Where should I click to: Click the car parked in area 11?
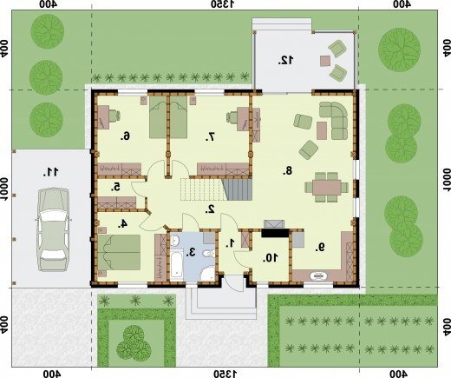click(x=53, y=229)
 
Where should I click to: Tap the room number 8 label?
click(x=287, y=171)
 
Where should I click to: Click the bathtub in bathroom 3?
click(x=176, y=265)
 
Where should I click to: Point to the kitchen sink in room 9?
click(x=318, y=276)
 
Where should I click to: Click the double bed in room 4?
click(x=119, y=252)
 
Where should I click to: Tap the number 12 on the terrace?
click(x=285, y=60)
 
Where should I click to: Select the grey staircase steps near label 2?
click(x=238, y=189)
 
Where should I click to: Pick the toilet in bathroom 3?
click(x=209, y=254)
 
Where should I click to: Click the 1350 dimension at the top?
click(x=223, y=4)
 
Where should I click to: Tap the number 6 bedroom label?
click(x=126, y=136)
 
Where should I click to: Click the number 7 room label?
click(x=211, y=136)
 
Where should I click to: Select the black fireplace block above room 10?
click(x=275, y=233)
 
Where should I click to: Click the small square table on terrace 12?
click(x=325, y=61)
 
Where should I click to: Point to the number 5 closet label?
click(x=115, y=188)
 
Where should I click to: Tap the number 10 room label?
click(x=270, y=258)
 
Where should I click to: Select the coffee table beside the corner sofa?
click(x=322, y=130)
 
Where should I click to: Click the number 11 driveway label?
click(x=50, y=172)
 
